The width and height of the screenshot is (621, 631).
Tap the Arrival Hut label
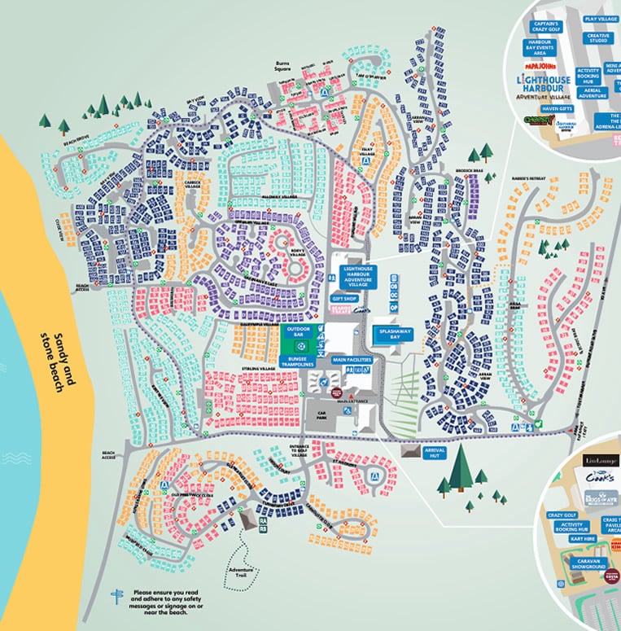[x=433, y=453]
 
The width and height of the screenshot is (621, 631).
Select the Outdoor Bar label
[x=297, y=331]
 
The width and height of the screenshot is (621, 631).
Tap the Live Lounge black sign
[x=599, y=462]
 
